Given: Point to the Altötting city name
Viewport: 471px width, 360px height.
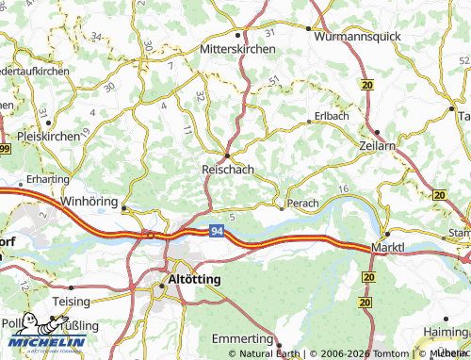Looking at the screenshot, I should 192,281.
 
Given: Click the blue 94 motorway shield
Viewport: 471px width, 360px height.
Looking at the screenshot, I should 217,230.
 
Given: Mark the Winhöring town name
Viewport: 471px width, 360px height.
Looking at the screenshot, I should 89,203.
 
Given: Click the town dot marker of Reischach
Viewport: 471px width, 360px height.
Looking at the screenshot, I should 226,155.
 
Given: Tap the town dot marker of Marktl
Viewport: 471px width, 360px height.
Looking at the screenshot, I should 386,234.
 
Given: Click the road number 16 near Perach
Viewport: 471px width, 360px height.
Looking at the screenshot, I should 342,190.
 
